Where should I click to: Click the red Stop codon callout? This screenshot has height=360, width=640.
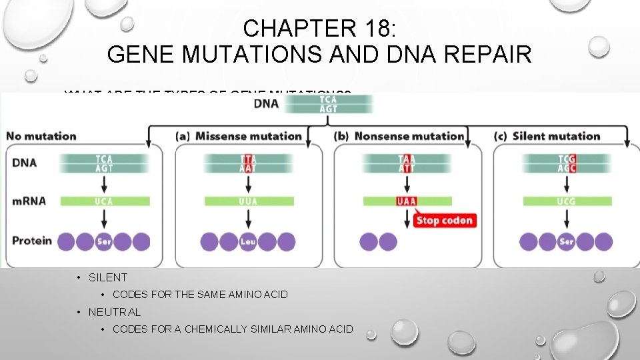(x=444, y=221)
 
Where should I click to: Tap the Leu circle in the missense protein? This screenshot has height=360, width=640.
(x=248, y=241)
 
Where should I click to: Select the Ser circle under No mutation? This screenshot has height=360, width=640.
(x=103, y=241)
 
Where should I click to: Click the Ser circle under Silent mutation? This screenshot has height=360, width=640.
(x=566, y=241)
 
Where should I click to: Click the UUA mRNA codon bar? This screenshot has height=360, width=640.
(x=248, y=201)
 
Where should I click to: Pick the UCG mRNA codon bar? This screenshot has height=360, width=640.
(x=566, y=201)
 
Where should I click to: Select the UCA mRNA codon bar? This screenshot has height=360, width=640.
(x=103, y=201)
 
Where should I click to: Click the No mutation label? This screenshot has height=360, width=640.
(x=41, y=136)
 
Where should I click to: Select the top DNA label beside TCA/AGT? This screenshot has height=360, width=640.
(x=267, y=103)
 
